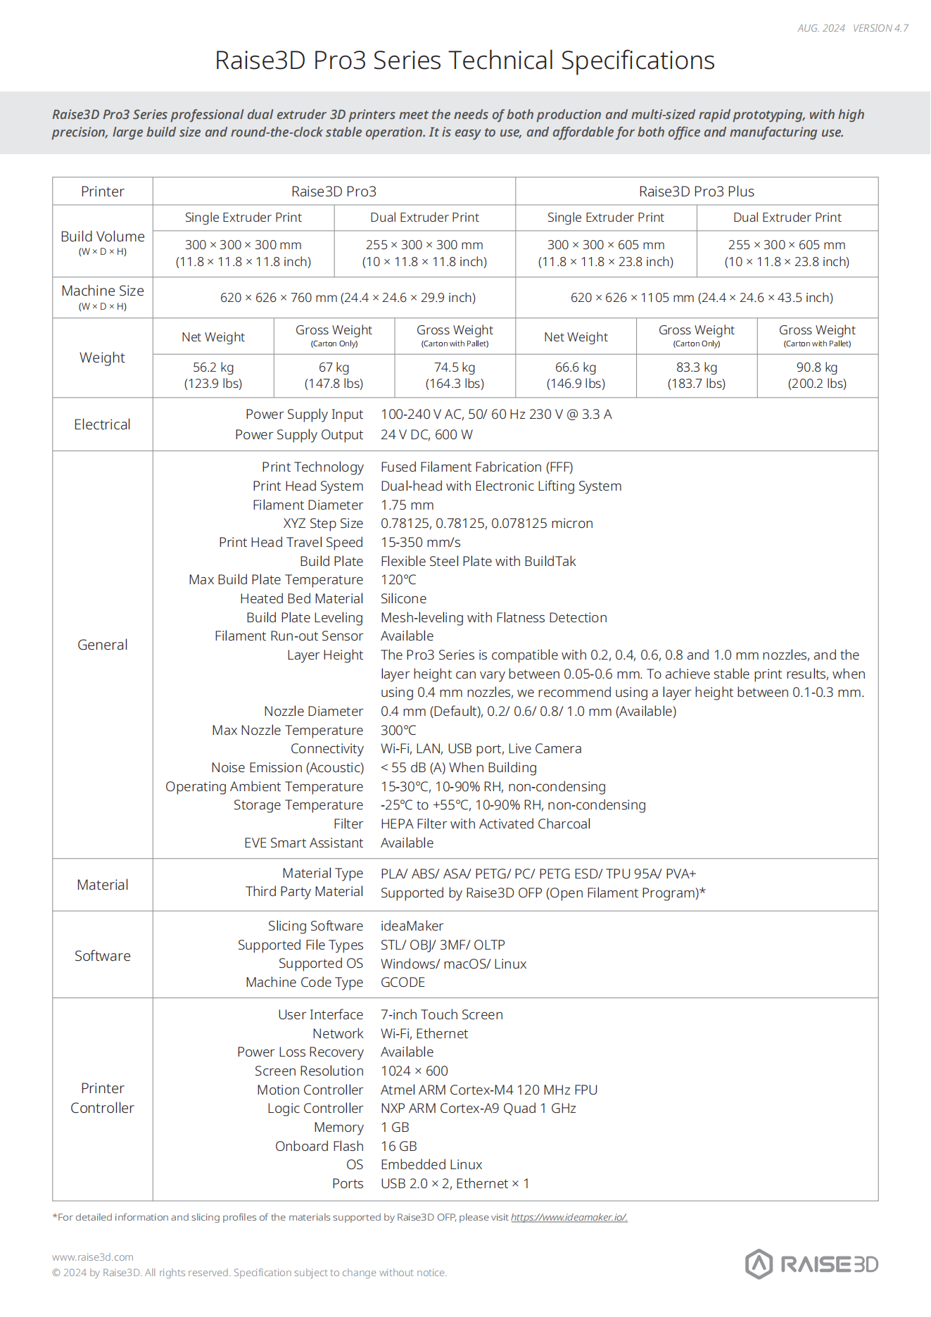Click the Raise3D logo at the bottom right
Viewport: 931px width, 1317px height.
coord(811,1264)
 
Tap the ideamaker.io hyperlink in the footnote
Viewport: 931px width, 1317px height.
coord(569,1217)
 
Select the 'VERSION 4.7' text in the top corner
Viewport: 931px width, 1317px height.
coord(880,28)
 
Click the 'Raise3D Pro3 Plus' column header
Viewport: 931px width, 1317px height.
coord(696,191)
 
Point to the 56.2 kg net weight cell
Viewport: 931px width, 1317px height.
coord(213,375)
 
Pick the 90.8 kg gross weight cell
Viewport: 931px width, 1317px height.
coord(817,375)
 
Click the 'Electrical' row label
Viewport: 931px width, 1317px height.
coord(102,424)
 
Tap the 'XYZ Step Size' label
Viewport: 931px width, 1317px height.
coord(323,524)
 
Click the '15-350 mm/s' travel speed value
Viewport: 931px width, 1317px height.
coord(421,543)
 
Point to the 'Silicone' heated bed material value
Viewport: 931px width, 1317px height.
coord(403,599)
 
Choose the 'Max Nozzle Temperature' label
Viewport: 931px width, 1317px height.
coord(287,731)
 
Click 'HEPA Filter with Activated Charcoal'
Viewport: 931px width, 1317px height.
coord(486,824)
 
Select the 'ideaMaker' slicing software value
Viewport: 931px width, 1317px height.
coord(412,926)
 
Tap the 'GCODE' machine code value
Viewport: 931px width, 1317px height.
coord(403,983)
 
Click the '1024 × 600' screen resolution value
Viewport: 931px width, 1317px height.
coord(414,1071)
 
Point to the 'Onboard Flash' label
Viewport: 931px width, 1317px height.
coord(319,1147)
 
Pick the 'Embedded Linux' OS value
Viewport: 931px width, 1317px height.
coord(431,1165)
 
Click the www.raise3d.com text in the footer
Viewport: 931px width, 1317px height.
coord(93,1257)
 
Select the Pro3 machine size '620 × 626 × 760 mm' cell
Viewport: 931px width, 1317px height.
coord(348,298)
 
